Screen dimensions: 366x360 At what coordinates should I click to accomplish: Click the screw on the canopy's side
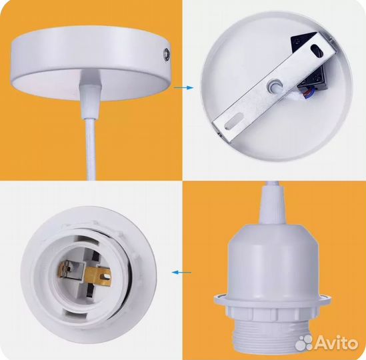click(x=167, y=55)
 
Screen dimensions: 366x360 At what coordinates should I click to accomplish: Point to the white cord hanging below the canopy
click(x=91, y=149)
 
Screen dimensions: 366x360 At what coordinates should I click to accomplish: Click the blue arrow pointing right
click(x=184, y=88)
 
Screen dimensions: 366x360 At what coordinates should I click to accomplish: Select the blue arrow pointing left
click(x=181, y=272)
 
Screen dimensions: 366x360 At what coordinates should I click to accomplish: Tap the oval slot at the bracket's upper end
click(x=317, y=51)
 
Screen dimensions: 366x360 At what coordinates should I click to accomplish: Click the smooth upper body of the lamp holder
click(x=273, y=259)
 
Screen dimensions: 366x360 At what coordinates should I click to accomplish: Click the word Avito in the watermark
click(x=336, y=343)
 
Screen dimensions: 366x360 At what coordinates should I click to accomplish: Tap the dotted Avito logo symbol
click(x=304, y=343)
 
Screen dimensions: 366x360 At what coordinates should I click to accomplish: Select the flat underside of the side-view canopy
click(x=91, y=84)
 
